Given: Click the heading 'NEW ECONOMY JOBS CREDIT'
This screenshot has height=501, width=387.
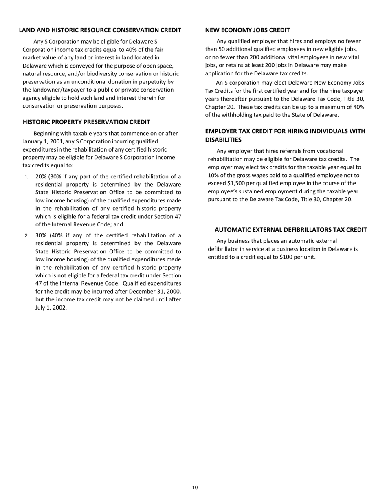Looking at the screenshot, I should (247, 30).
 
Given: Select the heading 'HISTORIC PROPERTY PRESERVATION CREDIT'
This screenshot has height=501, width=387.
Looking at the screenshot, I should (86, 122).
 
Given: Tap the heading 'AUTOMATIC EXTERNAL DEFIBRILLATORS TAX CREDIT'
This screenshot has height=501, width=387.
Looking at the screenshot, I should (290, 230).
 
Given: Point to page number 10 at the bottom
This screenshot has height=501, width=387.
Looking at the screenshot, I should (195, 488).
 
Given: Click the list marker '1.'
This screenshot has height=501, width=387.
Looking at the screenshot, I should (26, 177).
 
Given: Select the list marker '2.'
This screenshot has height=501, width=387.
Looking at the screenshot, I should (26, 235).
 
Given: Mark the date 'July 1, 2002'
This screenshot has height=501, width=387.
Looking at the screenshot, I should (51, 308).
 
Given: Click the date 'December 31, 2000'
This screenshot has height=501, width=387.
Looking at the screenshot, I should (154, 292).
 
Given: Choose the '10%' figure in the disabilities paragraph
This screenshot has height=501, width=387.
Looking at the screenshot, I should (213, 175).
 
